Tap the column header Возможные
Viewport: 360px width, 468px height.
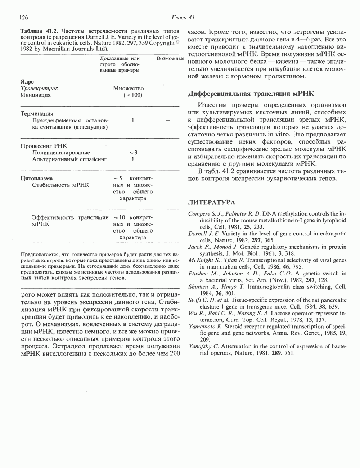[x=171, y=58]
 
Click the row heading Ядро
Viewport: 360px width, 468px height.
[x=27, y=82]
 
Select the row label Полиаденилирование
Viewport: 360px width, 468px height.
[x=61, y=153]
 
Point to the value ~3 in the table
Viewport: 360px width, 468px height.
[x=133, y=153]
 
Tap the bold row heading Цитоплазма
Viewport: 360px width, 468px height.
[x=37, y=178]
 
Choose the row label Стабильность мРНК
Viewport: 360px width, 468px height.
[x=60, y=185]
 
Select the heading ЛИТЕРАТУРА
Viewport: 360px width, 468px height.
[x=211, y=203]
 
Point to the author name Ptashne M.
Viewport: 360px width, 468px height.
[x=201, y=274]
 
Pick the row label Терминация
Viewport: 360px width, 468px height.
[x=37, y=114]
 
